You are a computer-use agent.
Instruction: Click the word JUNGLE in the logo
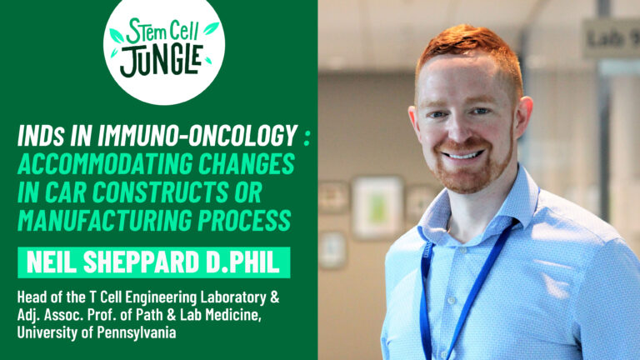point(161,61)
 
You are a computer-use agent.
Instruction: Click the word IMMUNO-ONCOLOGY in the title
point(197,135)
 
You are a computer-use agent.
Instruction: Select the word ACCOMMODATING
point(105,163)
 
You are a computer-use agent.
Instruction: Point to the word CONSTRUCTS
point(160,192)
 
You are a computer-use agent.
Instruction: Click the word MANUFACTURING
point(104,220)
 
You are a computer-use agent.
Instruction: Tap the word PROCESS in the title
point(244,220)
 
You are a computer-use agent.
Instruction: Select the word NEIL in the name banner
point(52,262)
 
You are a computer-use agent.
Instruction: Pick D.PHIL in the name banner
point(242,262)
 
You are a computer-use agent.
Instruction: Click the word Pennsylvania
point(137,333)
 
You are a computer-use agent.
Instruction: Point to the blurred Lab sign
point(611,38)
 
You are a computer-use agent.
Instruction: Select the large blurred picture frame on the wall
point(377,207)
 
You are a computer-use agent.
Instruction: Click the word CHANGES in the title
point(247,163)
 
